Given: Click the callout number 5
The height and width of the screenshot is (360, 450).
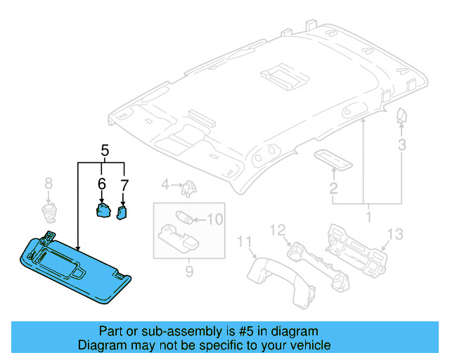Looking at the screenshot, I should coord(105,150).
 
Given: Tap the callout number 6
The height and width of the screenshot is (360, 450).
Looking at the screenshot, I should coord(102,184).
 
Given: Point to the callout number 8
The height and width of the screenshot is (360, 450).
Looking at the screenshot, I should coord(49,184).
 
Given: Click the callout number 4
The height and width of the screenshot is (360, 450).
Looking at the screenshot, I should coord(165,185).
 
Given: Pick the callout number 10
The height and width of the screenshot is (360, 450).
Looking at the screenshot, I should coord(215,219).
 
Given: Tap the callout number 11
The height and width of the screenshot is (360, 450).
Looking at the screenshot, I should coord(243,243).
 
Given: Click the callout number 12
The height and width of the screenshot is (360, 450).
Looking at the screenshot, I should coord(278,229).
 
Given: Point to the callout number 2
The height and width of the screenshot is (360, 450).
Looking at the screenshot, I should coord(333,188).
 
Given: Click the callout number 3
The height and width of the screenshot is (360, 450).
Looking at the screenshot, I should coord(402,145).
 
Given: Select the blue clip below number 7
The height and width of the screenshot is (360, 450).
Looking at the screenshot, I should coord(124,211).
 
